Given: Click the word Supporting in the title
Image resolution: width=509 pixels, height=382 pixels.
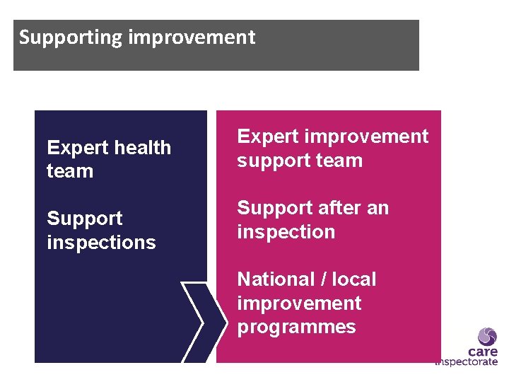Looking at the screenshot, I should [x=71, y=37].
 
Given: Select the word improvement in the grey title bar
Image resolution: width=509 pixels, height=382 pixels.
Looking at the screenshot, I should [x=192, y=37].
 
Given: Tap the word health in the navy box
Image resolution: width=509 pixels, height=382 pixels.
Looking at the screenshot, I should [x=140, y=148].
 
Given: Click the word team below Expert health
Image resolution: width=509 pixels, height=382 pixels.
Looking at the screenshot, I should [x=70, y=171].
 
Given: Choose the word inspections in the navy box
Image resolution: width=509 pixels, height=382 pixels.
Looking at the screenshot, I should [x=101, y=243].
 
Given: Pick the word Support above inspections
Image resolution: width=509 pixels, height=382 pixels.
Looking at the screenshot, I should [x=85, y=219].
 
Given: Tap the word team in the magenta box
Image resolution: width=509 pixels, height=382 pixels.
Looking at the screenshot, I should [x=339, y=161].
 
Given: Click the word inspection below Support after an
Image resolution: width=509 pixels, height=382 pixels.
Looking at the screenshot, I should [x=286, y=232].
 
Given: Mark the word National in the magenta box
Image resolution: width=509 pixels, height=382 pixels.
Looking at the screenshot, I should [x=274, y=279].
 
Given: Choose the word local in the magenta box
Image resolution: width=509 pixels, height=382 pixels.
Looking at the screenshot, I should [x=353, y=279].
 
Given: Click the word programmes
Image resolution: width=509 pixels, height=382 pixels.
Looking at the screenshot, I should [x=296, y=328].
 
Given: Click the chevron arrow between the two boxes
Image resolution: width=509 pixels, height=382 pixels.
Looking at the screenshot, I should [x=198, y=322].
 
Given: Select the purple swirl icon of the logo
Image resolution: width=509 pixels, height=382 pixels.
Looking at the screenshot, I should [x=488, y=336].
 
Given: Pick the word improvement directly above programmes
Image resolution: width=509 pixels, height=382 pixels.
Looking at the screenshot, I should [x=299, y=303].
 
